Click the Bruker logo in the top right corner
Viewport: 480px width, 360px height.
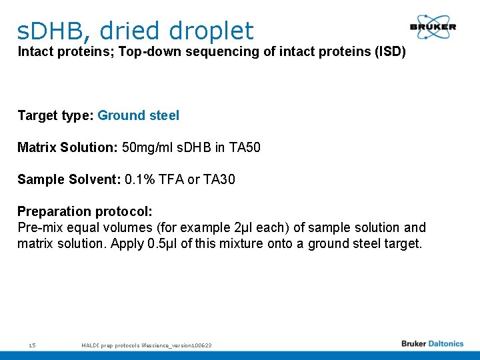(433, 27)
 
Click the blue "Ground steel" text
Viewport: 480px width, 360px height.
(138, 115)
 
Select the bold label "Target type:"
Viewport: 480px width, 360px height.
(55, 115)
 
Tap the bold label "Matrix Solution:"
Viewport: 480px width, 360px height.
(67, 147)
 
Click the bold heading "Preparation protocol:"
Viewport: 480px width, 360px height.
(85, 211)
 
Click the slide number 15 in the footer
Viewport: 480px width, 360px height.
(32, 345)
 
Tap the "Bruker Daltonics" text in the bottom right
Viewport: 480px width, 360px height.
(432, 344)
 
